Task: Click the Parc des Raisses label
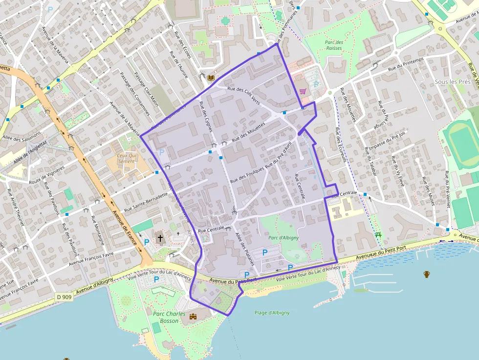pos(334,45)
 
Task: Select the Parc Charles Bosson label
pos(169,317)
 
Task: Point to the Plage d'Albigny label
pos(272,313)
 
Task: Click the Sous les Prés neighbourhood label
pos(453,82)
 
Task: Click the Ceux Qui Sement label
pos(126,158)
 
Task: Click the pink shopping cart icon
pos(303,90)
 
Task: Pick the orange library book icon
pos(211,78)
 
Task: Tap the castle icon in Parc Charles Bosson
pos(193,317)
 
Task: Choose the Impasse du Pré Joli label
pos(388,141)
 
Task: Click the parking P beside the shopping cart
pos(316,84)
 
